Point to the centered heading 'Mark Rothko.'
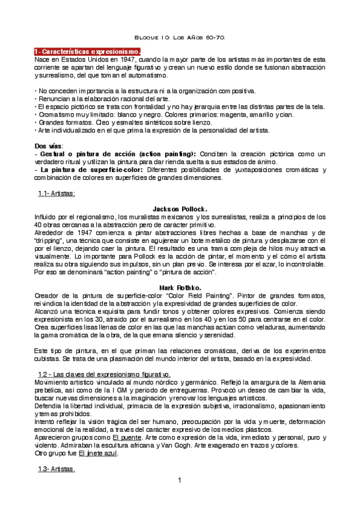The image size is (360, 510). pos(180,287)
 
